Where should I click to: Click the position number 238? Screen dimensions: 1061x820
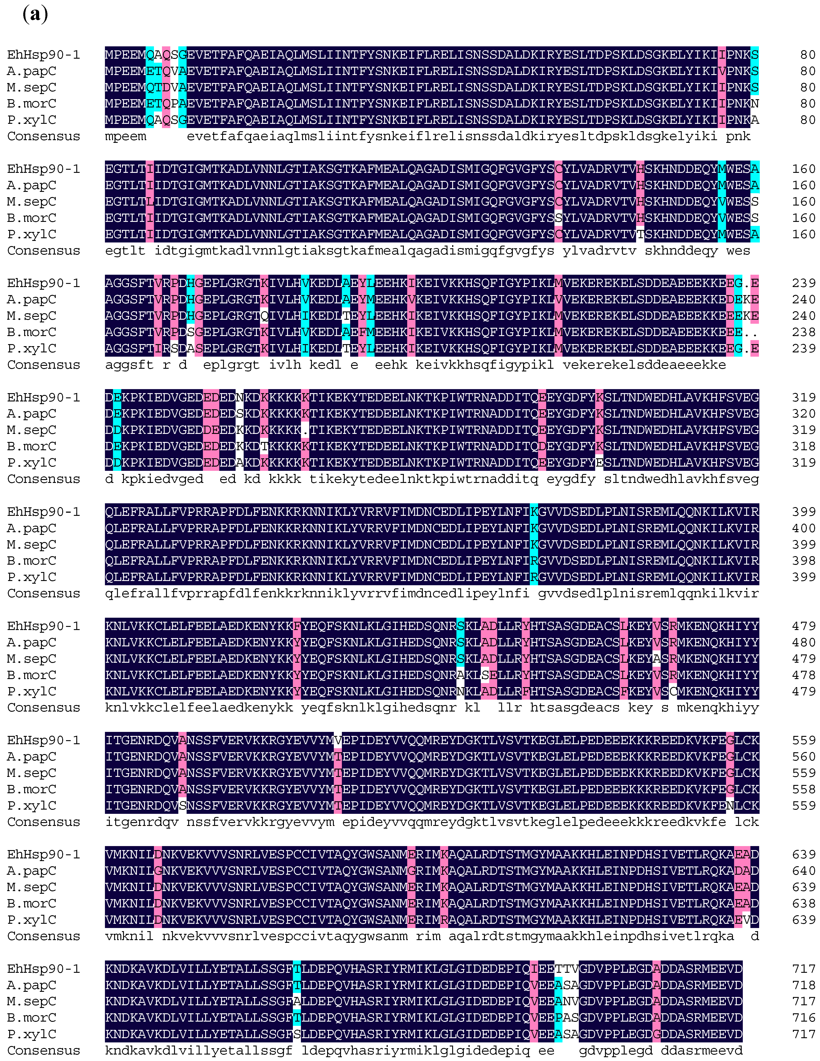tap(803, 332)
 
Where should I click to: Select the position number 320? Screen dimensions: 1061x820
tap(803, 414)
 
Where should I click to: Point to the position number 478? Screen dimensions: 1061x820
tap(803, 675)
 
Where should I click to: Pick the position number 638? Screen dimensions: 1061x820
tap(803, 904)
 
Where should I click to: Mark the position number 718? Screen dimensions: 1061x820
tap(803, 985)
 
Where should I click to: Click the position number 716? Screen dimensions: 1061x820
tap(803, 1018)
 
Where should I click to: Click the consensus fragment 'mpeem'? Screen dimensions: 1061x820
tap(125, 137)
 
